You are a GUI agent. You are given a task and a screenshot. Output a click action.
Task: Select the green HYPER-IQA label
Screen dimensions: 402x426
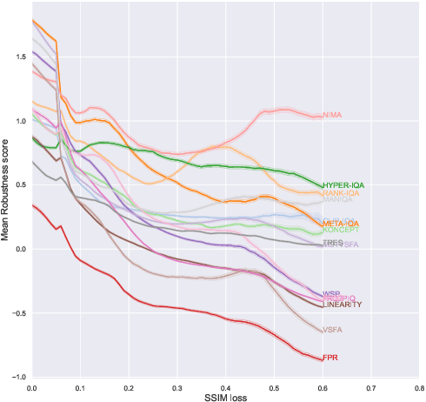pyautogui.click(x=343, y=185)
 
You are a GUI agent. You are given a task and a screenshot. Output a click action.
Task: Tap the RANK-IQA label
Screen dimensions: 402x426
pyautogui.click(x=340, y=193)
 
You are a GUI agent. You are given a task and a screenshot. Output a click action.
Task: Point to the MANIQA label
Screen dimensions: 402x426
pyautogui.click(x=336, y=202)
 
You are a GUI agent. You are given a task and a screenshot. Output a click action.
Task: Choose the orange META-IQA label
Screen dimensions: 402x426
pyautogui.click(x=339, y=224)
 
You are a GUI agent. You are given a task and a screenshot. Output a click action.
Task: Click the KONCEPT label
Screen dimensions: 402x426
pyautogui.click(x=339, y=231)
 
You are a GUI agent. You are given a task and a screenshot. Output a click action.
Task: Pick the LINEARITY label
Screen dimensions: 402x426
pyautogui.click(x=342, y=305)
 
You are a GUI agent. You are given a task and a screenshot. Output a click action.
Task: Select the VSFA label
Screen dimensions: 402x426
pyautogui.click(x=332, y=330)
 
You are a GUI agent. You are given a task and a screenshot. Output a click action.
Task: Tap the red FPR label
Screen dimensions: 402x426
pyautogui.click(x=330, y=358)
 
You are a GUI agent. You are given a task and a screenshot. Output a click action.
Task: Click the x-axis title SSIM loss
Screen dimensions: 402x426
pyautogui.click(x=224, y=396)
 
